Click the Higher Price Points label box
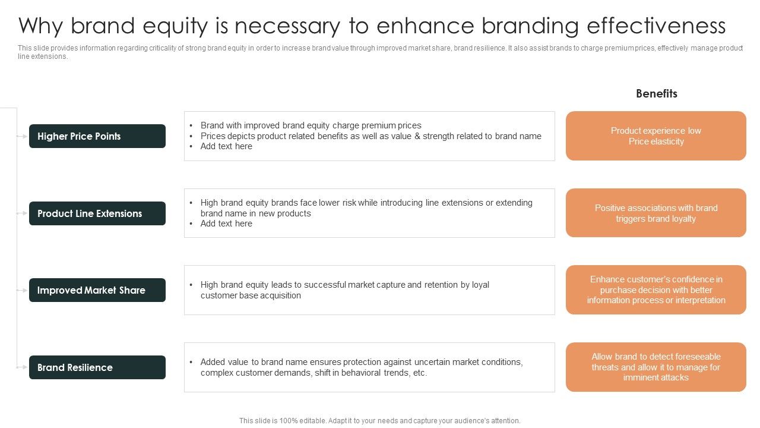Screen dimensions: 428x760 (x=97, y=136)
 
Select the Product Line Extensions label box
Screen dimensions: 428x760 (x=97, y=213)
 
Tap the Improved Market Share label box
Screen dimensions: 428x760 (x=97, y=290)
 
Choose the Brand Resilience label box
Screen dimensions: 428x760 (x=97, y=367)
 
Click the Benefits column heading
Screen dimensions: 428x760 (x=656, y=93)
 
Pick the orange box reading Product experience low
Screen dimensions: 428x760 (x=655, y=136)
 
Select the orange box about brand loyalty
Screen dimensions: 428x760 (x=655, y=213)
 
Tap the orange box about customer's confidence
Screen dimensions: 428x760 (x=655, y=290)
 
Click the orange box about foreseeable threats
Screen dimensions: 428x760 (x=655, y=367)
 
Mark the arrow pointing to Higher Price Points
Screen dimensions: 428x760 (x=22, y=136)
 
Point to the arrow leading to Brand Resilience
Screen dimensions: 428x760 (x=22, y=367)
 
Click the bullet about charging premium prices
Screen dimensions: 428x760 (x=311, y=125)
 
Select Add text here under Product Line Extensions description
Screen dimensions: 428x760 (x=226, y=224)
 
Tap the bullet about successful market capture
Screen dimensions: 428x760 (x=344, y=290)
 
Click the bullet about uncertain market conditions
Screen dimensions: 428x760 (x=361, y=367)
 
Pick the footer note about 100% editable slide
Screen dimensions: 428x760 (x=380, y=421)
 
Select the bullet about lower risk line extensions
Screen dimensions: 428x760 (x=366, y=208)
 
